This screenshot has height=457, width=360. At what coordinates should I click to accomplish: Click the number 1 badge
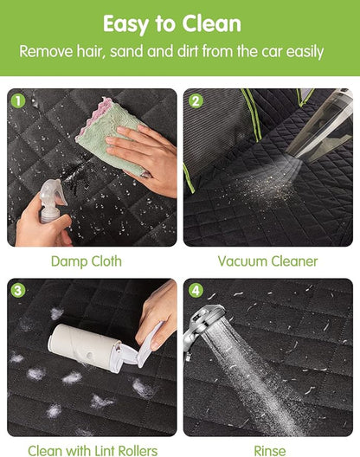pos(18,101)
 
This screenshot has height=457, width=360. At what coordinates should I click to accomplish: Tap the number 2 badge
pos(196,101)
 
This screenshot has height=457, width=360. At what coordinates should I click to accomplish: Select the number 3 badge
pos(18,291)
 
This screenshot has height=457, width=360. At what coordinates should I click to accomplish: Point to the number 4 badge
pos(196,291)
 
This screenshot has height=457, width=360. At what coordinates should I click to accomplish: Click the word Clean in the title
pos(212,23)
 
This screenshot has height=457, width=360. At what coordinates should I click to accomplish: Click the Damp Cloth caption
pos(87,261)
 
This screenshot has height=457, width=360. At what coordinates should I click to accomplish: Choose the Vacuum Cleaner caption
pos(268,261)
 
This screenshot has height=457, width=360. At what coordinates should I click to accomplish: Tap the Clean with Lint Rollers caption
pos(93,451)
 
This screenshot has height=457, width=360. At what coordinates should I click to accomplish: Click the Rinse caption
pos(270,451)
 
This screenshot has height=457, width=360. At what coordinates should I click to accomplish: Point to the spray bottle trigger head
pos(54,193)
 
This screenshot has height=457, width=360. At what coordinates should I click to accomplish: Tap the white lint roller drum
pos(84,346)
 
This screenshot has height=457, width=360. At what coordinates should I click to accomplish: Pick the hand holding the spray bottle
pos(43,226)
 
